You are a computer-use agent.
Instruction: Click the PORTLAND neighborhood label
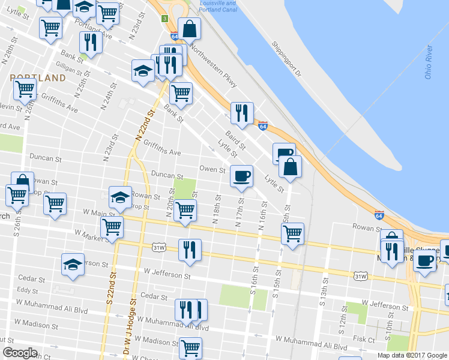(38, 78)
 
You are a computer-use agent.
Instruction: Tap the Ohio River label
(428, 62)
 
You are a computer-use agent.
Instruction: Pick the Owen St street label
(212, 170)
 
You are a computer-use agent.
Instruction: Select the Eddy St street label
(28, 290)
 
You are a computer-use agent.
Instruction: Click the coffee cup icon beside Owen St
(241, 176)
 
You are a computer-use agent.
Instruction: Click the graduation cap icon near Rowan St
(120, 196)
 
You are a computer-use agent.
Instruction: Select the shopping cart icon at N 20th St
(185, 210)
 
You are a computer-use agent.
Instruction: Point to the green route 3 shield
(164, 19)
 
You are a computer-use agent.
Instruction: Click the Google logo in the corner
(20, 353)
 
